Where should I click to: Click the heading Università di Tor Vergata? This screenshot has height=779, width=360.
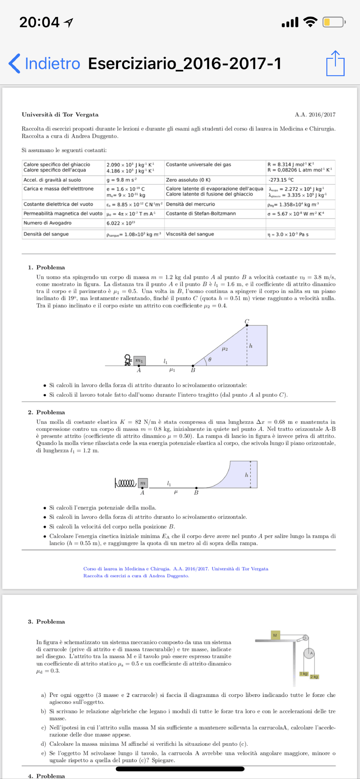click(60, 115)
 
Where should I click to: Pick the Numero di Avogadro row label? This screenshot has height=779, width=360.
click(48, 223)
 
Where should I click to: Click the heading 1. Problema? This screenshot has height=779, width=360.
click(46, 267)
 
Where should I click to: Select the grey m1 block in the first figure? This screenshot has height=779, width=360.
click(139, 360)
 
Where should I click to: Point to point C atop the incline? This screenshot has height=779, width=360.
click(247, 325)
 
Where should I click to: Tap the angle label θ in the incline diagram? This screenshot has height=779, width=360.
click(210, 360)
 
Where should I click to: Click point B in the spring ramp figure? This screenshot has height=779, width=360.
click(196, 488)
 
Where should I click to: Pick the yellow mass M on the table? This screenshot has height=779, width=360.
click(275, 635)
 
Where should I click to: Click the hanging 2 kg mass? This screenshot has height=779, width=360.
click(314, 676)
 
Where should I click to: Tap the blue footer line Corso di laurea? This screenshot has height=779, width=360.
click(175, 568)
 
